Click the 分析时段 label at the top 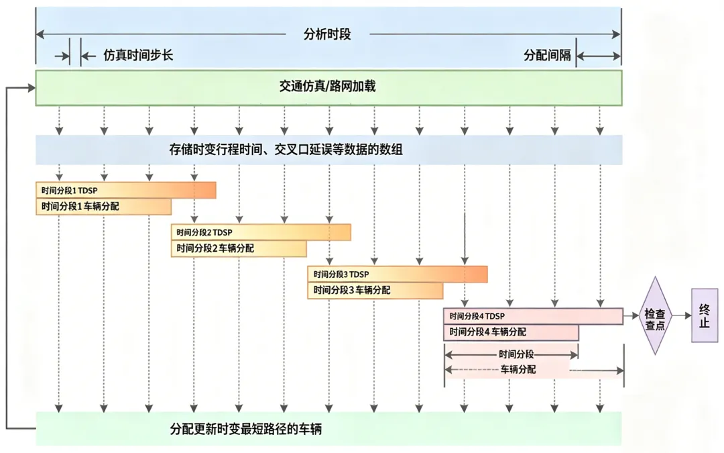327,34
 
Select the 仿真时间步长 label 138,56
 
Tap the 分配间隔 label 547,56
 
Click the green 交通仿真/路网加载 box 328,88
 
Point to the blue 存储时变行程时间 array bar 328,150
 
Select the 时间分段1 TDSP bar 126,190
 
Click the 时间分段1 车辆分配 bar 103,207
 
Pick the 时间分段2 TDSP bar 261,232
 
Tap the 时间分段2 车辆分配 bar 239,249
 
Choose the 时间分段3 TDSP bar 398,274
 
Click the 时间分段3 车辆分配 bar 375,291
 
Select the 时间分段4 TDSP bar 534,316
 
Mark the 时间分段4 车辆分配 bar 511,332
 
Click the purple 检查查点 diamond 655,315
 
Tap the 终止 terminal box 705,315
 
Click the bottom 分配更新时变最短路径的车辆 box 328,429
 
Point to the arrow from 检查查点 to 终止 681,315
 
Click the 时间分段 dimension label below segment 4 516,354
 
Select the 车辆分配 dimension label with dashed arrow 518,369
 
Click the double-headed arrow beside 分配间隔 599,56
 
